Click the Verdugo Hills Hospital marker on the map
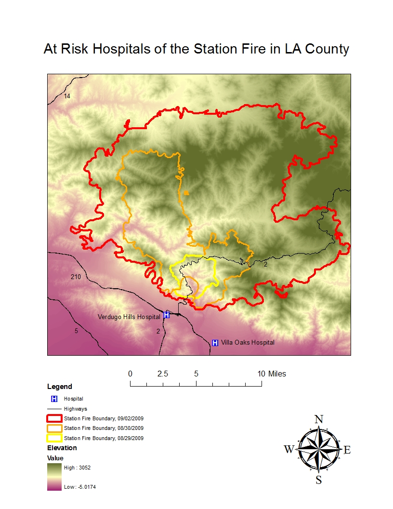167,315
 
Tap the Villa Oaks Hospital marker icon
215,343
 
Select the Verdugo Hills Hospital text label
129,317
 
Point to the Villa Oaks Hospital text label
248,343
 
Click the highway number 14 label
67,96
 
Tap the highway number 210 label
76,277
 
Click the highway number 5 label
76,331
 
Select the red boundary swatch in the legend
54,418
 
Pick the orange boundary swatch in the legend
54,428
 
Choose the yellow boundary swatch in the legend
54,438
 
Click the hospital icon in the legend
54,399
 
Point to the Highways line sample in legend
54,409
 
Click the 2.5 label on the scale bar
163,374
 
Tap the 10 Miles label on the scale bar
271,374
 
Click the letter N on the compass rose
318,419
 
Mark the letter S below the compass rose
318,480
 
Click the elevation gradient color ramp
54,477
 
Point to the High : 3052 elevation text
77,468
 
